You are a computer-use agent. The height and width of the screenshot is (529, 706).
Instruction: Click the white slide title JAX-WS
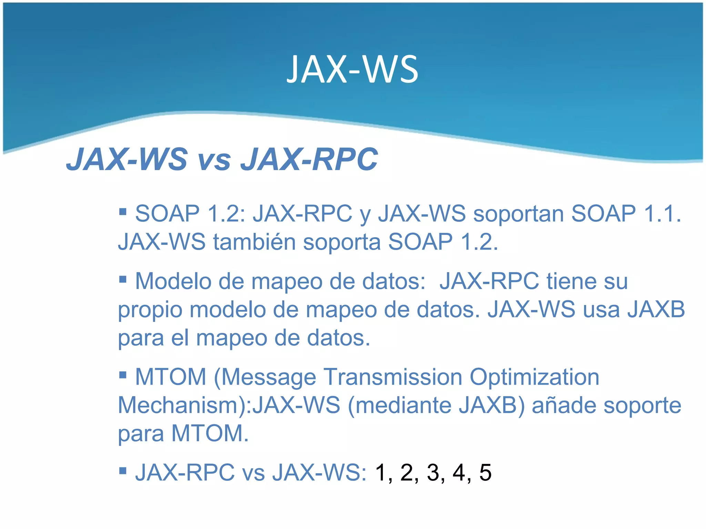tap(352, 70)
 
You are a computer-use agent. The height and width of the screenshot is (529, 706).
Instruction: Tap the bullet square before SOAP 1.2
tap(122, 211)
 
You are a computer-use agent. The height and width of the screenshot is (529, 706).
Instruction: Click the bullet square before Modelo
tap(122, 279)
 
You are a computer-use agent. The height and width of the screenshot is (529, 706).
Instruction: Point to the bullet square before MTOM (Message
tap(122, 374)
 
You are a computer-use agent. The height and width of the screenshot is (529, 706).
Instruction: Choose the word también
tap(254, 242)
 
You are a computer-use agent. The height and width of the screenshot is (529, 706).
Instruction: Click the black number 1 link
tap(381, 473)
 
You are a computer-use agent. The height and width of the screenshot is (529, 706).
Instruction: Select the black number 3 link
tap(433, 473)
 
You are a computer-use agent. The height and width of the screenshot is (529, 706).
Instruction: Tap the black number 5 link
tap(485, 473)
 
